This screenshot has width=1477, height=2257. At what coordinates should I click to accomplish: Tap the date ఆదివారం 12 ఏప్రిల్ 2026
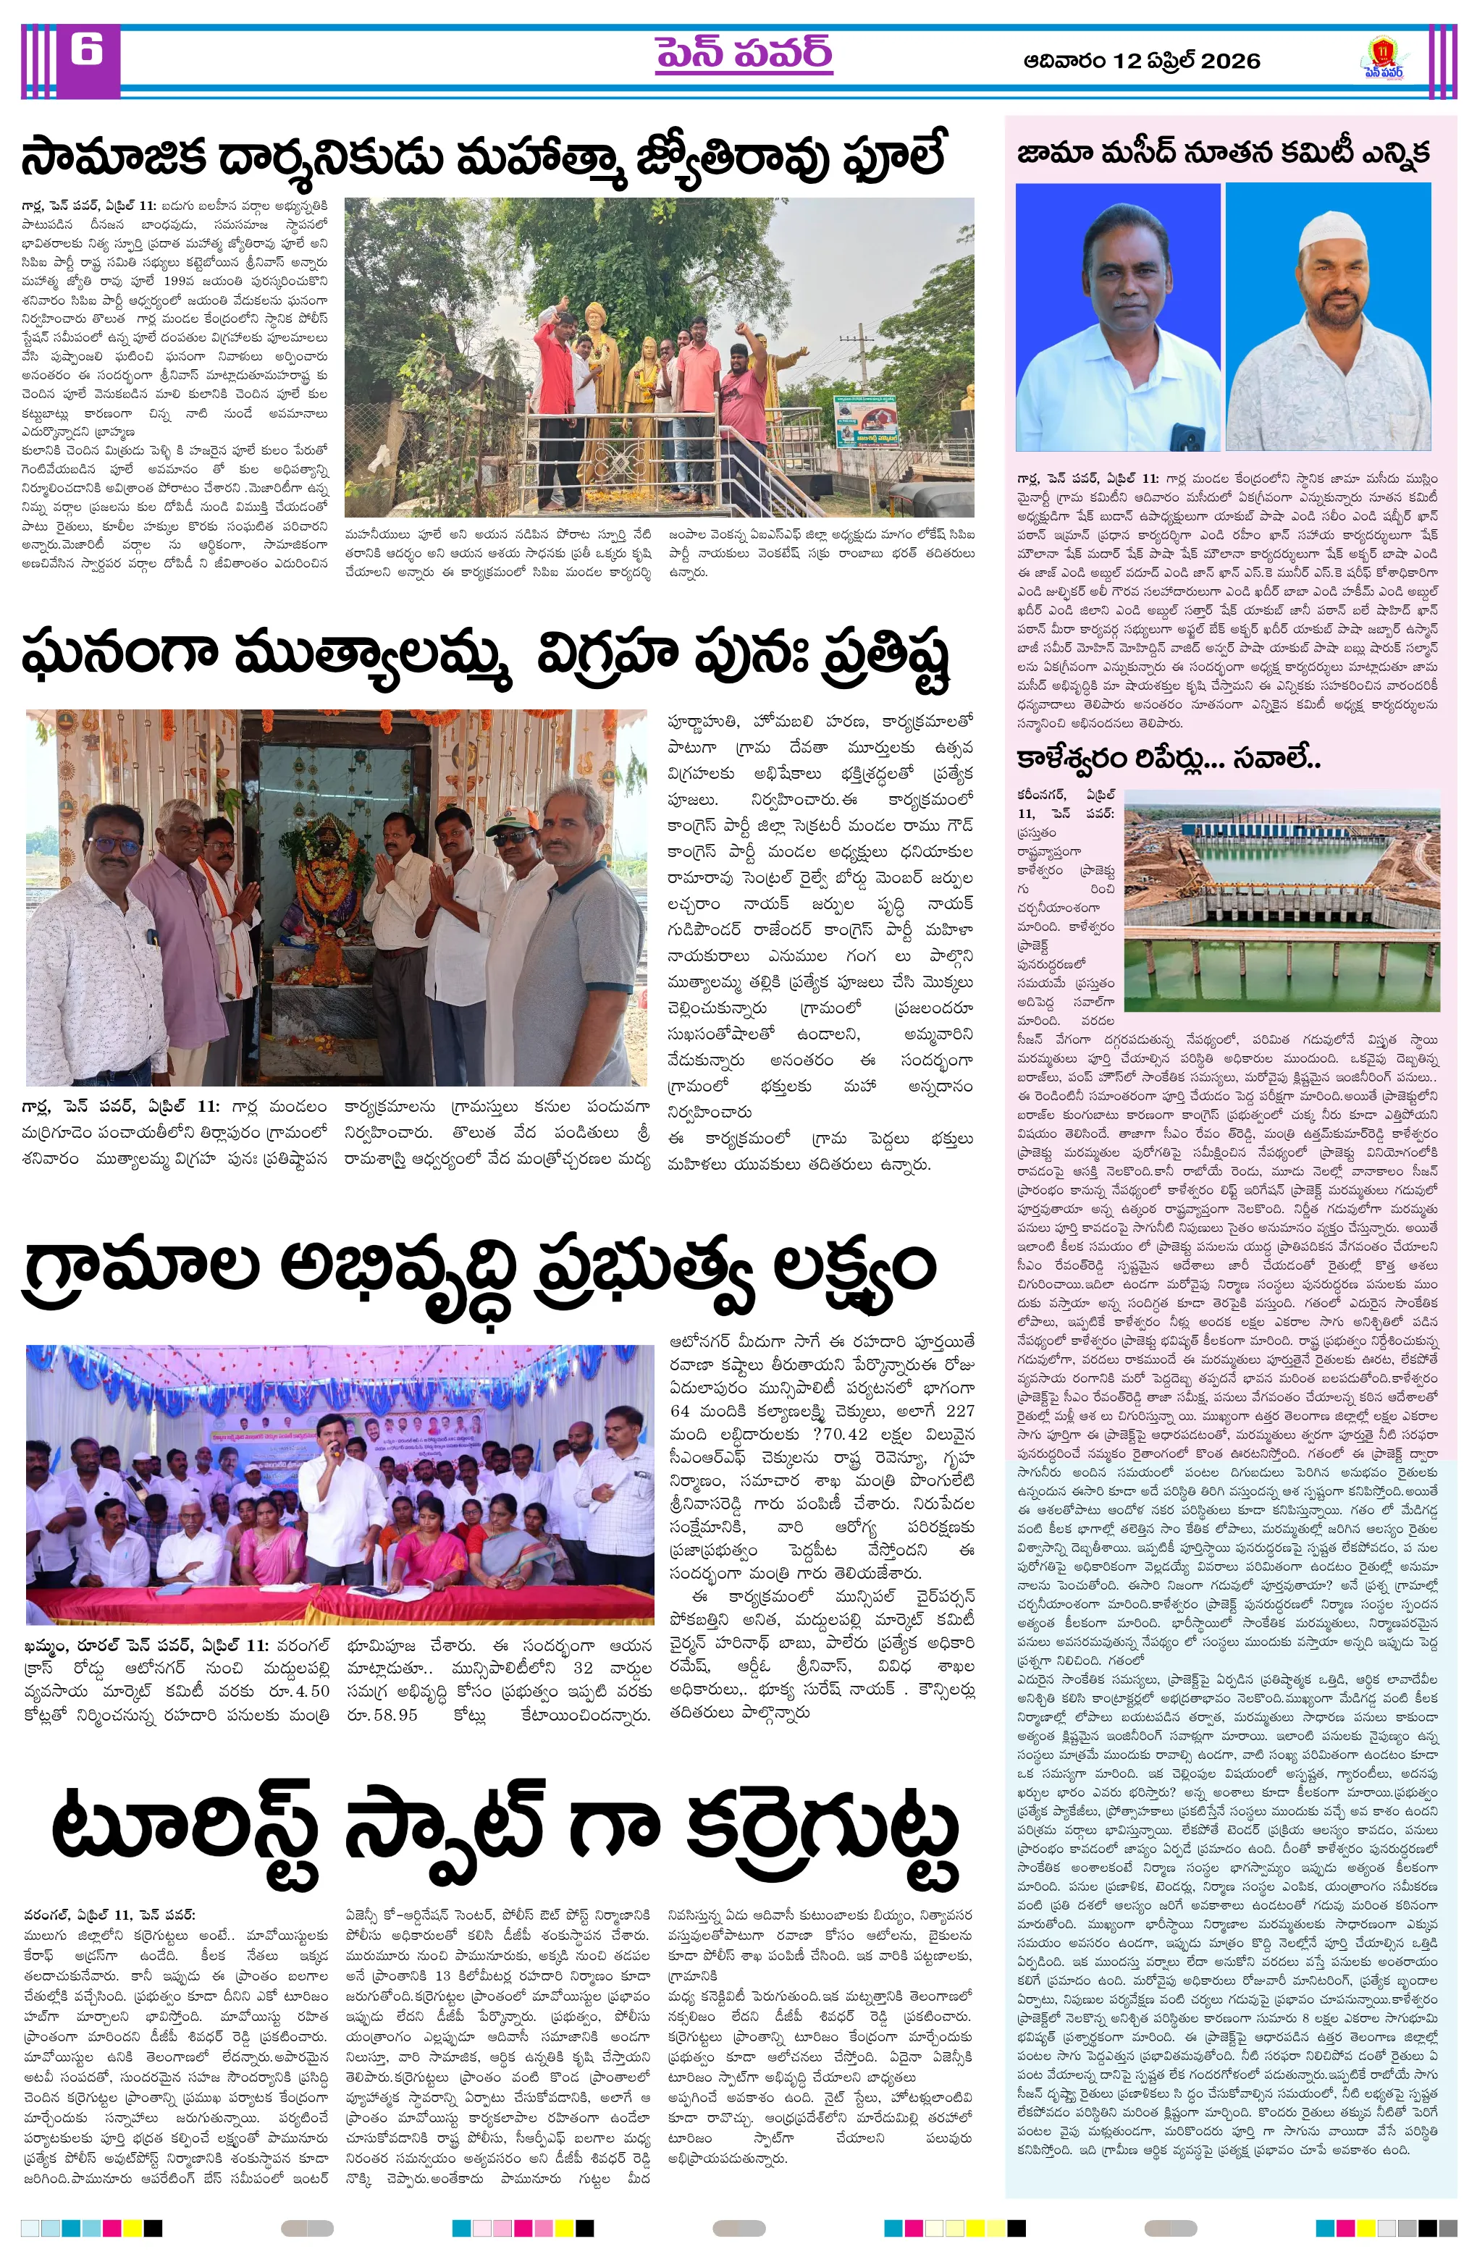point(1141,61)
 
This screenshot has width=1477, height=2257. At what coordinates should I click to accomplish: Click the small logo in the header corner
point(1382,58)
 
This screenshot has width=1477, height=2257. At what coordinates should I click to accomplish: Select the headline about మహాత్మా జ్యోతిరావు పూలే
point(484,157)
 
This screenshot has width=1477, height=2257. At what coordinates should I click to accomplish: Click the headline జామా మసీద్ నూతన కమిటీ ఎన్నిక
point(1223,153)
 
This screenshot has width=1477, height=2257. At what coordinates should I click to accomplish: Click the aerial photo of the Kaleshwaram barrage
point(1281,899)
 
